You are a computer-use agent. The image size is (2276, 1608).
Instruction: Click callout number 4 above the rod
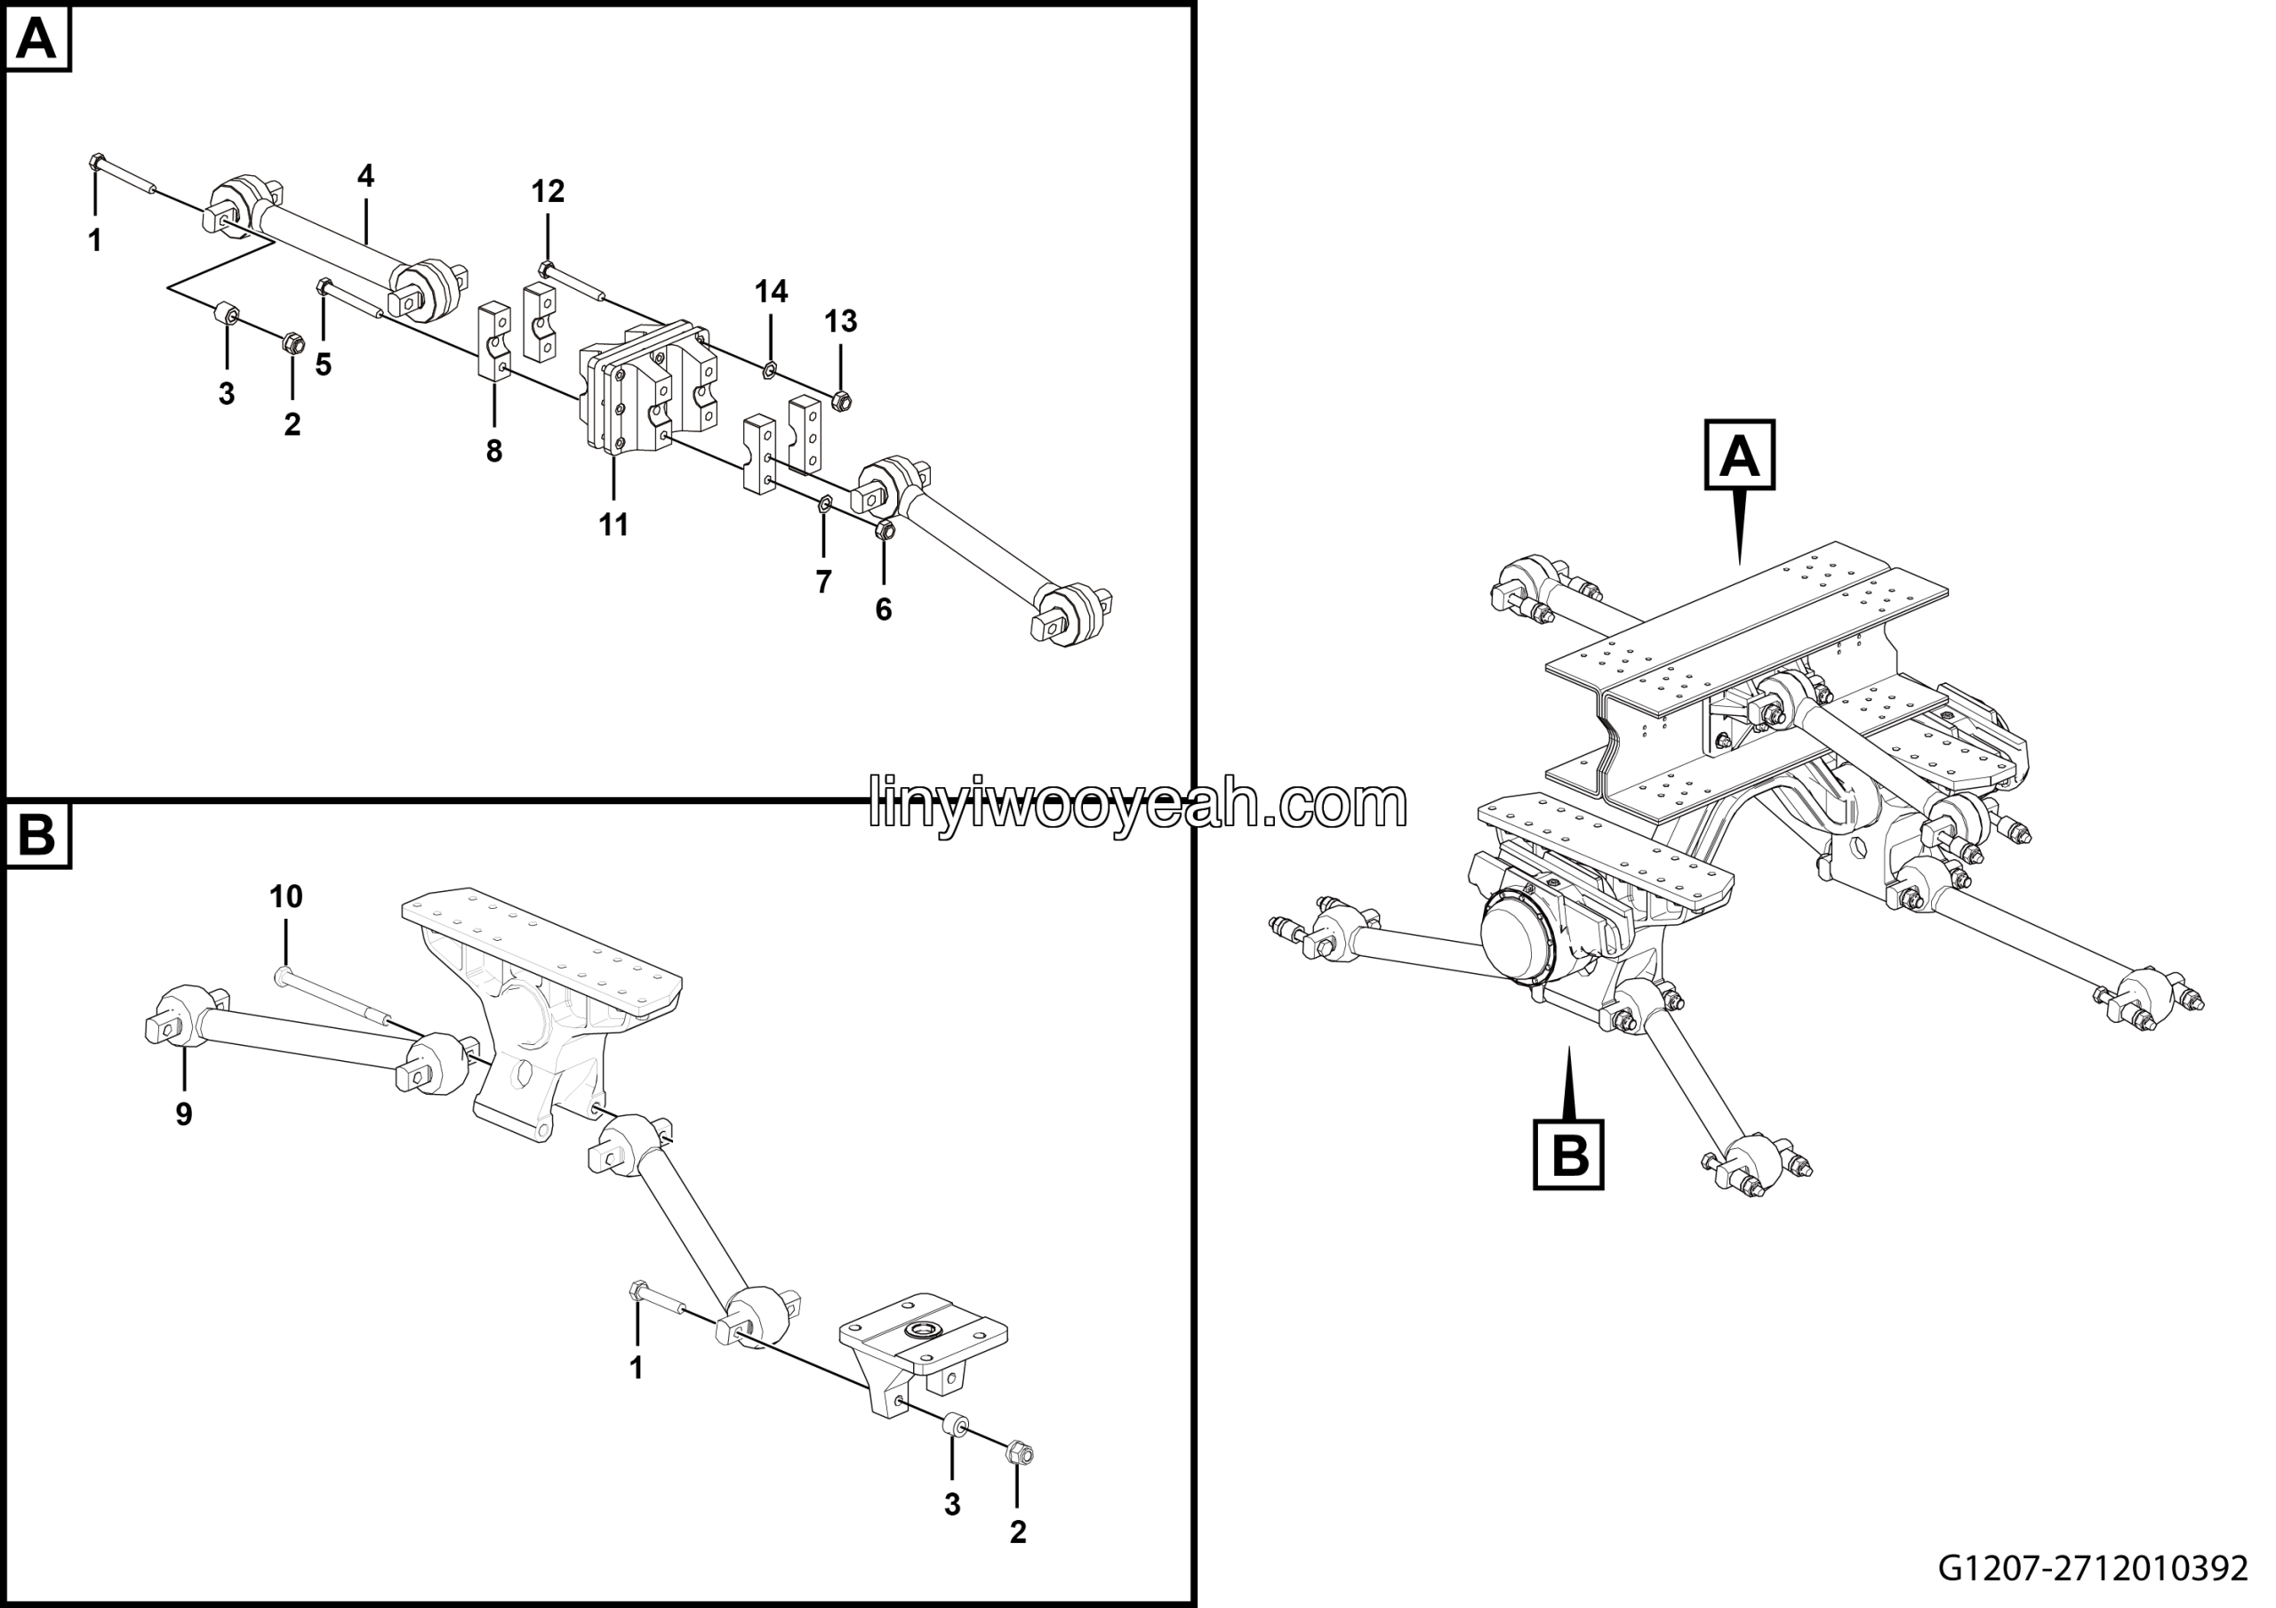pos(365,176)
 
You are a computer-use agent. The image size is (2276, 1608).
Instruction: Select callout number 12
pos(549,191)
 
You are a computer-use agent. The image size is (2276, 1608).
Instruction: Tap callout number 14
pos(771,292)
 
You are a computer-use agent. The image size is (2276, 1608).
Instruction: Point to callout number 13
pos(841,321)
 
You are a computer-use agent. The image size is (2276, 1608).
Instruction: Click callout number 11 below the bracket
pos(613,526)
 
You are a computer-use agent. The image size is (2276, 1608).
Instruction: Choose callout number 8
pos(493,452)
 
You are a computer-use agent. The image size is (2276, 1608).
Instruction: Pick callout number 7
pos(824,582)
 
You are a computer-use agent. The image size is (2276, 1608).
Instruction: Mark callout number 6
pos(883,610)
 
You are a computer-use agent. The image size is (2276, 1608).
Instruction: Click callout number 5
pos(323,365)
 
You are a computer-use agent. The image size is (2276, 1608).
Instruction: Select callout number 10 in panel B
pos(286,897)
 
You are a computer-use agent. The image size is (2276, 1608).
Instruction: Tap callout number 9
pos(183,1114)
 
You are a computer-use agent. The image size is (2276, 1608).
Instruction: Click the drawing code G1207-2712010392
pos(2094,1568)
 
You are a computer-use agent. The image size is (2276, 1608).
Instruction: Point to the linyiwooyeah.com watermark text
pos(1137,803)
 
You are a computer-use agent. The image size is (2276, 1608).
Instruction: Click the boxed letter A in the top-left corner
pos(37,41)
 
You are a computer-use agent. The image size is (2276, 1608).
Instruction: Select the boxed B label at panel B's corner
pos(37,836)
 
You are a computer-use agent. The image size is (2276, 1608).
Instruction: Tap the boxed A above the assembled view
pos(1740,455)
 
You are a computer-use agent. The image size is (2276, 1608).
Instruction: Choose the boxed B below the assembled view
pos(1569,1154)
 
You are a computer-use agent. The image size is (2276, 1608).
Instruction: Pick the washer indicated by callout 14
pos(769,372)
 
